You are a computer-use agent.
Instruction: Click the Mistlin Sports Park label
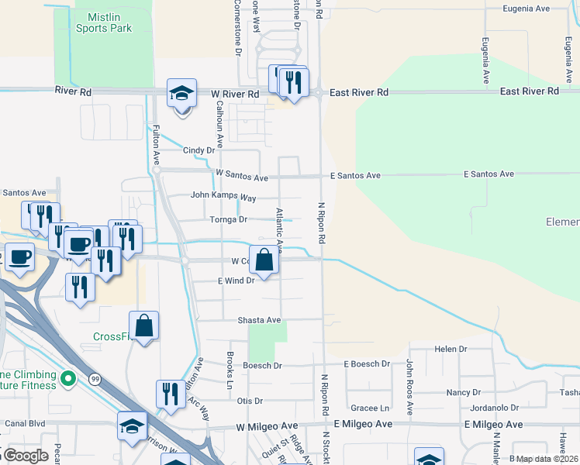(104, 22)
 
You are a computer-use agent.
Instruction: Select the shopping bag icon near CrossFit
(144, 325)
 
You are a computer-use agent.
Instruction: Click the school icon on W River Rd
(182, 94)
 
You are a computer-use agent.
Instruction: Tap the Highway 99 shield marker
(94, 378)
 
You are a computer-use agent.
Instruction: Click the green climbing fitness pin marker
(68, 378)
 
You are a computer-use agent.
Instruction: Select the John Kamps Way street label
(223, 197)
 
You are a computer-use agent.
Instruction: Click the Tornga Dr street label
(228, 219)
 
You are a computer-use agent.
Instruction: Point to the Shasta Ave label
(259, 319)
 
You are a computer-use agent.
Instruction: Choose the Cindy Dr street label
(199, 150)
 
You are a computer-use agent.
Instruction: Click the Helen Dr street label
(451, 349)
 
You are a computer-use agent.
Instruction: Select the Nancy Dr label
(464, 393)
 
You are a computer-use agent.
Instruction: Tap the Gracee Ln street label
(369, 408)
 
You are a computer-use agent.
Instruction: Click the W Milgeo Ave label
(268, 427)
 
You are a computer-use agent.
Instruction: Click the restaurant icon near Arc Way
(171, 394)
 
